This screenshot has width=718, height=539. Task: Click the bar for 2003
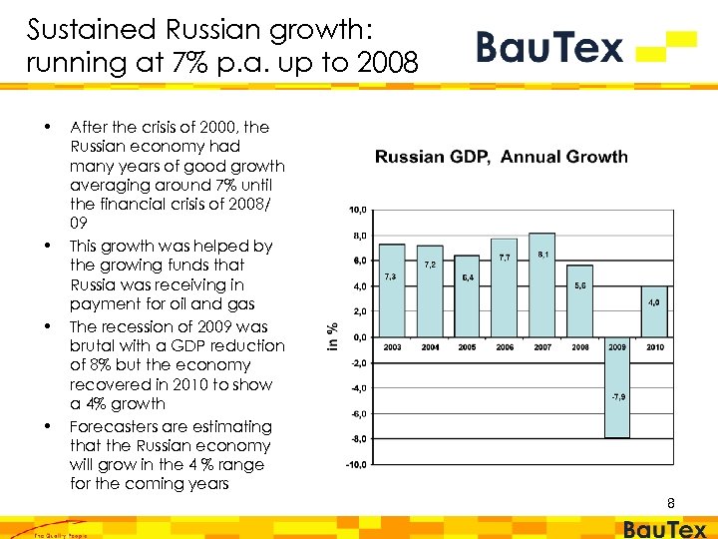click(x=393, y=290)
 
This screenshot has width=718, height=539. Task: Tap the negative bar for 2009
click(x=617, y=386)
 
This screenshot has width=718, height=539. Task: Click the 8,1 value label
click(x=542, y=256)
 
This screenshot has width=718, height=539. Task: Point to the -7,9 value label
click(x=617, y=397)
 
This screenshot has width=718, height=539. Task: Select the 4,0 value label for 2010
click(x=654, y=301)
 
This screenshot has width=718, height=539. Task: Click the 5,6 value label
click(x=580, y=285)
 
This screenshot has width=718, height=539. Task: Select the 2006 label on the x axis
click(x=505, y=346)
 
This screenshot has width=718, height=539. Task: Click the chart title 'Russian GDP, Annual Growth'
click(x=501, y=156)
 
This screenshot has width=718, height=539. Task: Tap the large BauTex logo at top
click(x=584, y=47)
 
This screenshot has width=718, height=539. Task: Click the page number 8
click(x=671, y=504)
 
